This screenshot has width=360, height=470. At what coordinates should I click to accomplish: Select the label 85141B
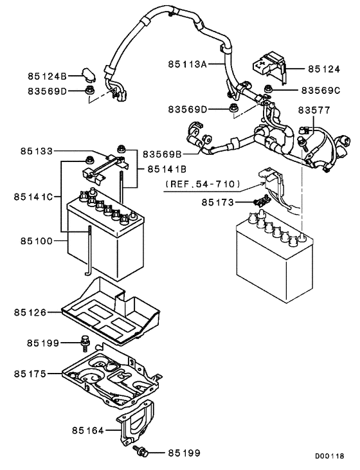click(x=166, y=169)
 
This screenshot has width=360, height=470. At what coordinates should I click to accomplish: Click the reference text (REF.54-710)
click(x=203, y=185)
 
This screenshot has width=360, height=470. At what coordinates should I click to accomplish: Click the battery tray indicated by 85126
click(x=109, y=312)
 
